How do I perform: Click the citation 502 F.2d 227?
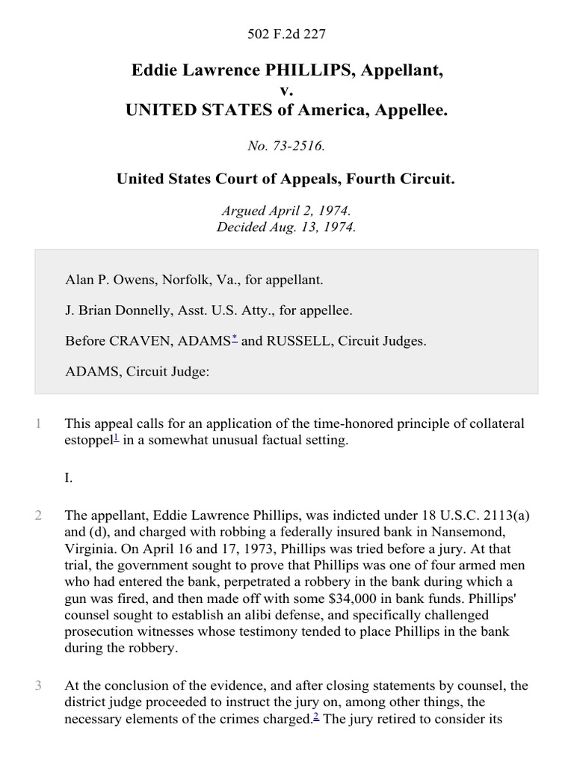pyautogui.click(x=286, y=34)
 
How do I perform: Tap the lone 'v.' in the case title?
pyautogui.click(x=286, y=91)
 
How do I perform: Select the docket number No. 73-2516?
pyautogui.click(x=286, y=147)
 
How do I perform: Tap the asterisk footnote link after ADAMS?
pyautogui.click(x=235, y=339)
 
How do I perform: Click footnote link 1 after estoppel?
pyautogui.click(x=116, y=438)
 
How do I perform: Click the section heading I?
pyautogui.click(x=69, y=478)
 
